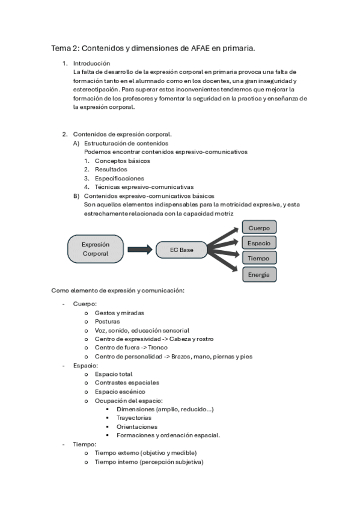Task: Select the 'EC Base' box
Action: [182, 250]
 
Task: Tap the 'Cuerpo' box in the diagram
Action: [259, 228]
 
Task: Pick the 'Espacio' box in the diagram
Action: [259, 243]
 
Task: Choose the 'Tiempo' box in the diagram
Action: [259, 258]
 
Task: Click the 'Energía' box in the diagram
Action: [259, 275]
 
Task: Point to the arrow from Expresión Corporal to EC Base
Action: [139, 250]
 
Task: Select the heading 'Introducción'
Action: [91, 63]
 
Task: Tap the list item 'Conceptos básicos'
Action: [122, 161]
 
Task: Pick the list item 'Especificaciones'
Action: [119, 179]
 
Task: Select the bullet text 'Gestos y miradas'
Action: [119, 313]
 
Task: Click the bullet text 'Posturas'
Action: [108, 322]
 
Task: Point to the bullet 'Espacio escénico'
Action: [120, 392]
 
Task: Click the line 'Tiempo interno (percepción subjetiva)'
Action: [148, 462]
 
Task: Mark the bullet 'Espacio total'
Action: [114, 374]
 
